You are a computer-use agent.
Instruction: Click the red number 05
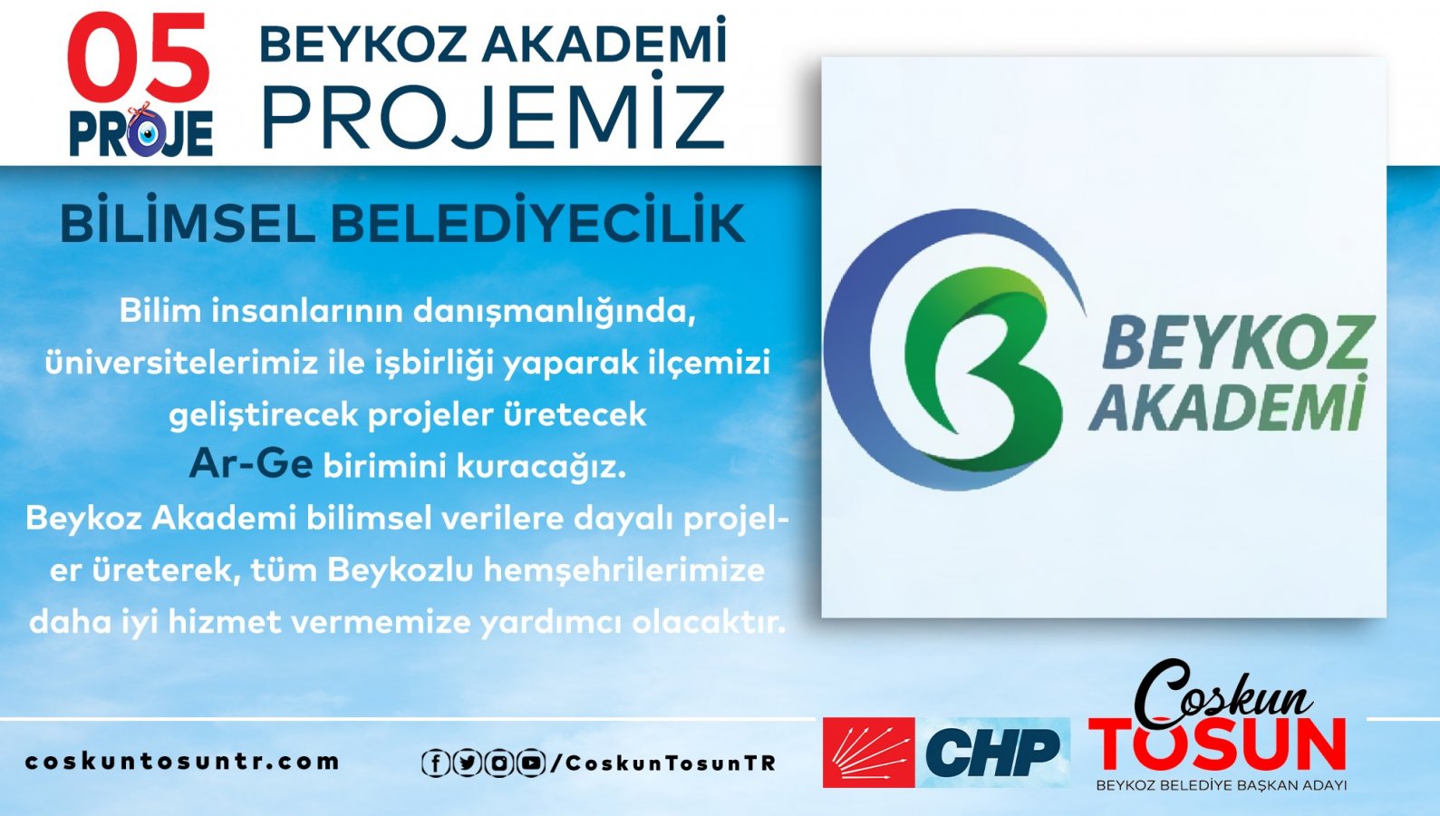point(140,57)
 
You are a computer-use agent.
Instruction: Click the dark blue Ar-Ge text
point(251,463)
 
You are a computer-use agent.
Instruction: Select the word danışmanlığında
point(555,313)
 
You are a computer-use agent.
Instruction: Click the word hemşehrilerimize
point(624,570)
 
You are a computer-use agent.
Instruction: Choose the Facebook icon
point(435,763)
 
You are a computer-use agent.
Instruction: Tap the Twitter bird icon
point(468,763)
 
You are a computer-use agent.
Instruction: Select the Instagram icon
point(498,763)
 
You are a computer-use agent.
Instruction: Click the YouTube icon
point(531,763)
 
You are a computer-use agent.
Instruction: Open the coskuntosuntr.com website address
point(182,762)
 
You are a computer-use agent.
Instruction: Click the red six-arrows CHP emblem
point(868,753)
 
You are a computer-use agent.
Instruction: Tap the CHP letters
point(992,753)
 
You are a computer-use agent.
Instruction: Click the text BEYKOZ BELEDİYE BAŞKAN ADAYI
point(1222,785)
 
